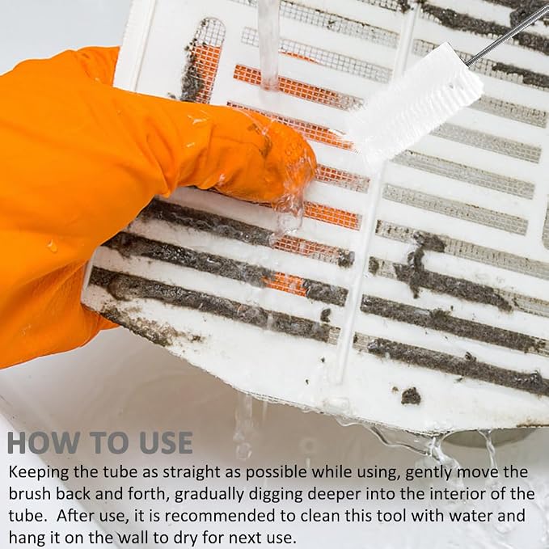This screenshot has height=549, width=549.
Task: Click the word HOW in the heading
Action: tap(44, 442)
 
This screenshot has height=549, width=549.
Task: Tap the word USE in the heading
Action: tap(166, 442)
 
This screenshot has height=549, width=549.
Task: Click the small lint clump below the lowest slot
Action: tap(411, 396)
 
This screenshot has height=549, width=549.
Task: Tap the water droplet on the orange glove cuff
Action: tap(53, 246)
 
